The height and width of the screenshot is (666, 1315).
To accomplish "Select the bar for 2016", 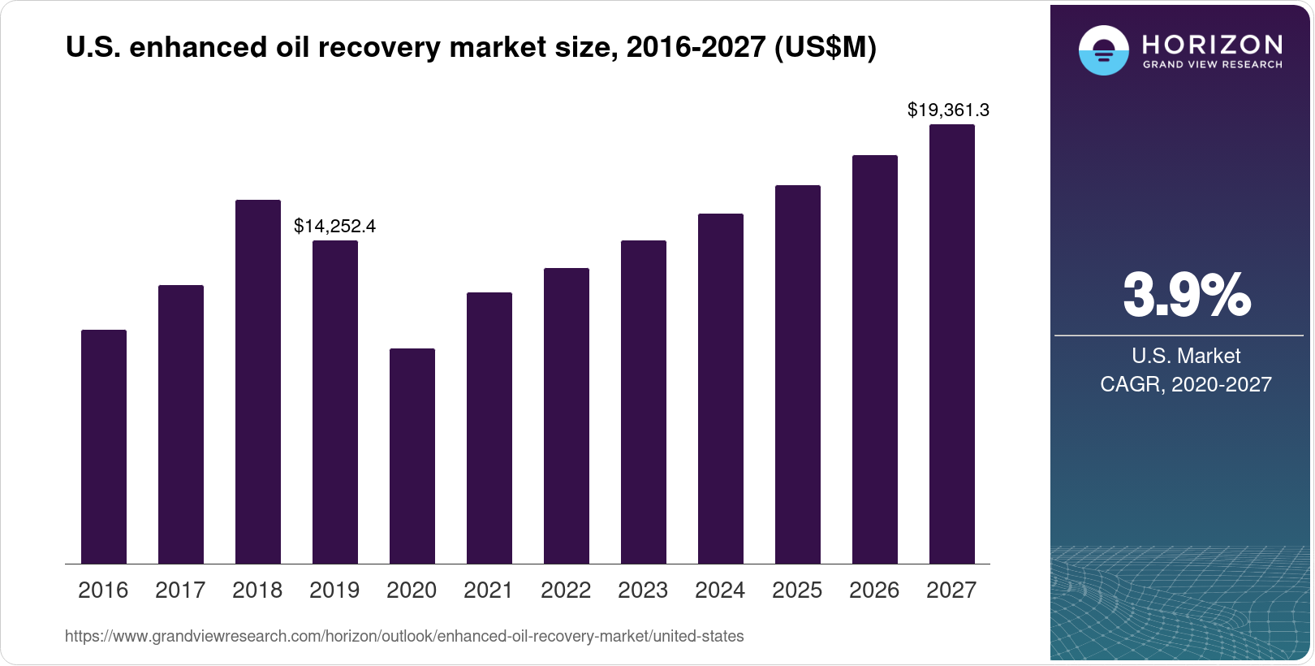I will point(104,447).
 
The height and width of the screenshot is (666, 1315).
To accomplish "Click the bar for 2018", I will point(258,382).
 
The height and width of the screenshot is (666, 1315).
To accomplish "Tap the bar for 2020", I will point(412,456).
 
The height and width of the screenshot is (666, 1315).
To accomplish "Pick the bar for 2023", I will point(644,402).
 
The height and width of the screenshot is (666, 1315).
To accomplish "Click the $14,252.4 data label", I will point(334,226).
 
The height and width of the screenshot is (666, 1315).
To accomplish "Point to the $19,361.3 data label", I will point(948,110).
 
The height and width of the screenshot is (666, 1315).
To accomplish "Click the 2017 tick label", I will point(180,590).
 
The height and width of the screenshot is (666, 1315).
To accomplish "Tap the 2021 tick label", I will point(489,590).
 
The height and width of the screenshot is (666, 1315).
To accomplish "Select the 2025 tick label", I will point(797,590).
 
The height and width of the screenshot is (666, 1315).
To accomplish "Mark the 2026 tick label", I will point(874,590).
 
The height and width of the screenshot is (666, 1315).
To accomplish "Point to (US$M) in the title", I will point(826,48).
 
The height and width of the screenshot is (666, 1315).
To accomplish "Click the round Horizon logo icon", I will point(1103,51).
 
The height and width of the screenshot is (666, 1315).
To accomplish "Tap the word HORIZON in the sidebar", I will point(1212,44).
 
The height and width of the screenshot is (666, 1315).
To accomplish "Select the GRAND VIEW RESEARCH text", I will point(1212,65).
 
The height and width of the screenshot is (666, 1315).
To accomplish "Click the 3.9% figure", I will point(1186,296).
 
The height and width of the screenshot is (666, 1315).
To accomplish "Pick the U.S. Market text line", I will point(1186,356).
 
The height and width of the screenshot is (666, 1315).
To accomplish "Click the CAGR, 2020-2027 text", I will point(1186,384).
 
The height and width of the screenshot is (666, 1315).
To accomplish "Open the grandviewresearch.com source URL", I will point(404,637).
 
